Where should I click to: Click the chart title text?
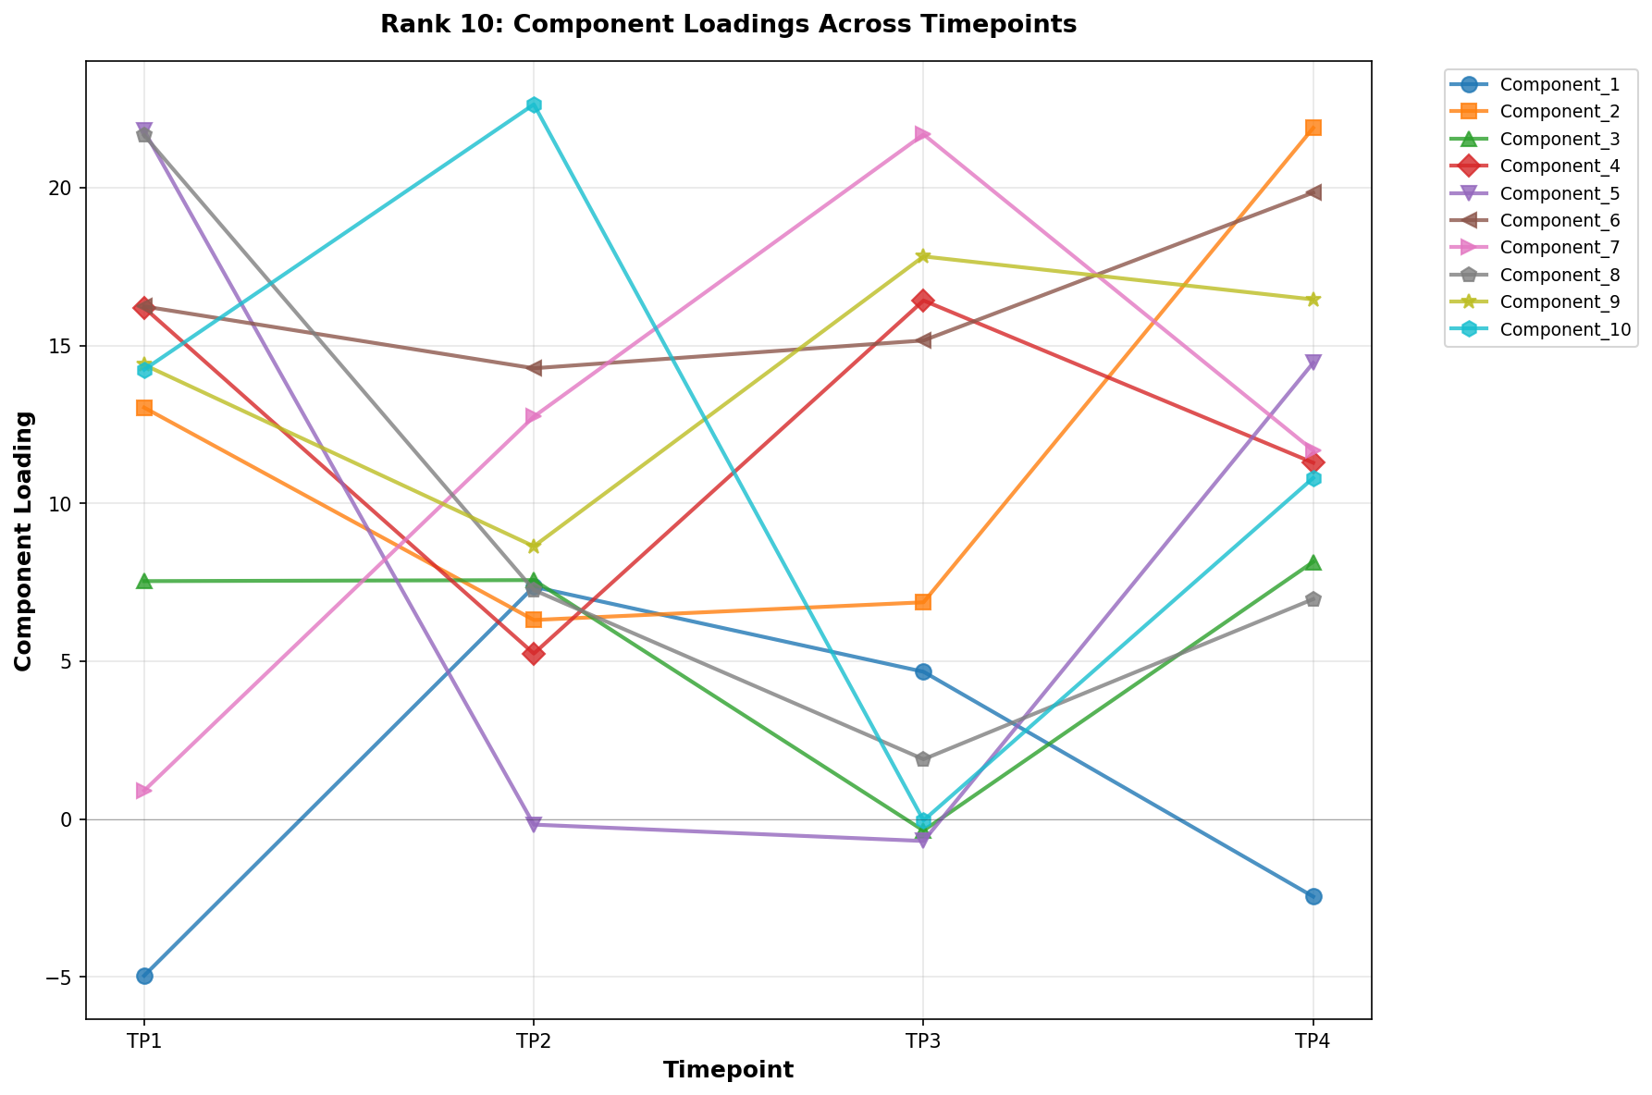(x=728, y=25)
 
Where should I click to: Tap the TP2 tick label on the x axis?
(x=534, y=1041)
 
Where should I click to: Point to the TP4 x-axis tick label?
(x=1313, y=1041)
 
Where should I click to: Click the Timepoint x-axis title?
(x=728, y=1070)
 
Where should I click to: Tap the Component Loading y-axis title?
(x=24, y=541)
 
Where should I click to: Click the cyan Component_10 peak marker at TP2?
(x=534, y=105)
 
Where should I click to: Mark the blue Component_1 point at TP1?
(x=144, y=976)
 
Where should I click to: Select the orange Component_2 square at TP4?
(x=1313, y=128)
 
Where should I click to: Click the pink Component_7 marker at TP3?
(x=923, y=134)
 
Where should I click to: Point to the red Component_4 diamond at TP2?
(x=534, y=653)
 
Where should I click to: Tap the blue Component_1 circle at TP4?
(x=1313, y=896)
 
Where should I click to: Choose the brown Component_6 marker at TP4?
(x=1313, y=192)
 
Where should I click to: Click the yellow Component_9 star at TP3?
(x=923, y=256)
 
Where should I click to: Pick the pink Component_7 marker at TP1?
(x=144, y=791)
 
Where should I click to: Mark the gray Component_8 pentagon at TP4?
(x=1313, y=599)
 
